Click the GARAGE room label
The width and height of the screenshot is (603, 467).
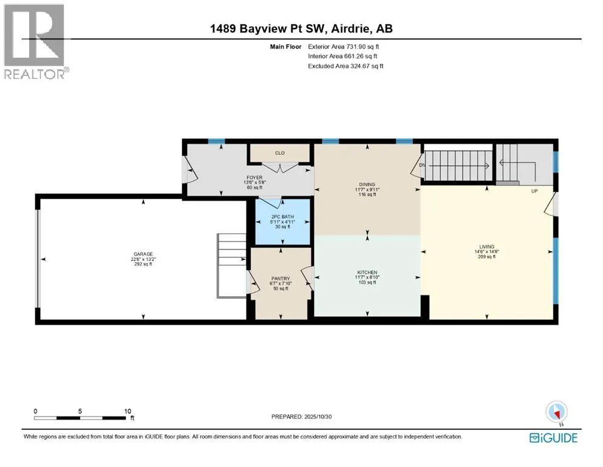coord(143,254)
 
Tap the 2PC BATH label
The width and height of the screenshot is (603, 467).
coord(282,216)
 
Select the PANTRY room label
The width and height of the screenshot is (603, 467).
coord(281,278)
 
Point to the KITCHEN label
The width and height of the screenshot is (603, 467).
coord(367,272)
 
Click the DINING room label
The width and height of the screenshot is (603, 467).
coord(367,184)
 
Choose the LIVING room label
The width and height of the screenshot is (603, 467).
coord(486,246)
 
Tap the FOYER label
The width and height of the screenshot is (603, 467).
coord(254,178)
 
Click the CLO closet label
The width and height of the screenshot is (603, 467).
coord(279,153)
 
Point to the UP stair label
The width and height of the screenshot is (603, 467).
coord(534,191)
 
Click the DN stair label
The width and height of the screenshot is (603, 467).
coord(422,165)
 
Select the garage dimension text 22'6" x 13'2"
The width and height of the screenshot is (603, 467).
coord(143,259)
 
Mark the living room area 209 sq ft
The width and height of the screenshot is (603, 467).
coord(486,257)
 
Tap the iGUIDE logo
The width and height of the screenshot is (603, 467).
coord(553,438)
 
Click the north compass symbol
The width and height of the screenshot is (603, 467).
coord(556,412)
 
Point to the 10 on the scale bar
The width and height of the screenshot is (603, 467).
coord(128,411)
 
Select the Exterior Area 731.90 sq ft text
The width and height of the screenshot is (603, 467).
coord(344,47)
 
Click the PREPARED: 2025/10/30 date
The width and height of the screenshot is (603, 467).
coord(301,417)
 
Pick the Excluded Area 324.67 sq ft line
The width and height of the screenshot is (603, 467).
coord(346,66)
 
